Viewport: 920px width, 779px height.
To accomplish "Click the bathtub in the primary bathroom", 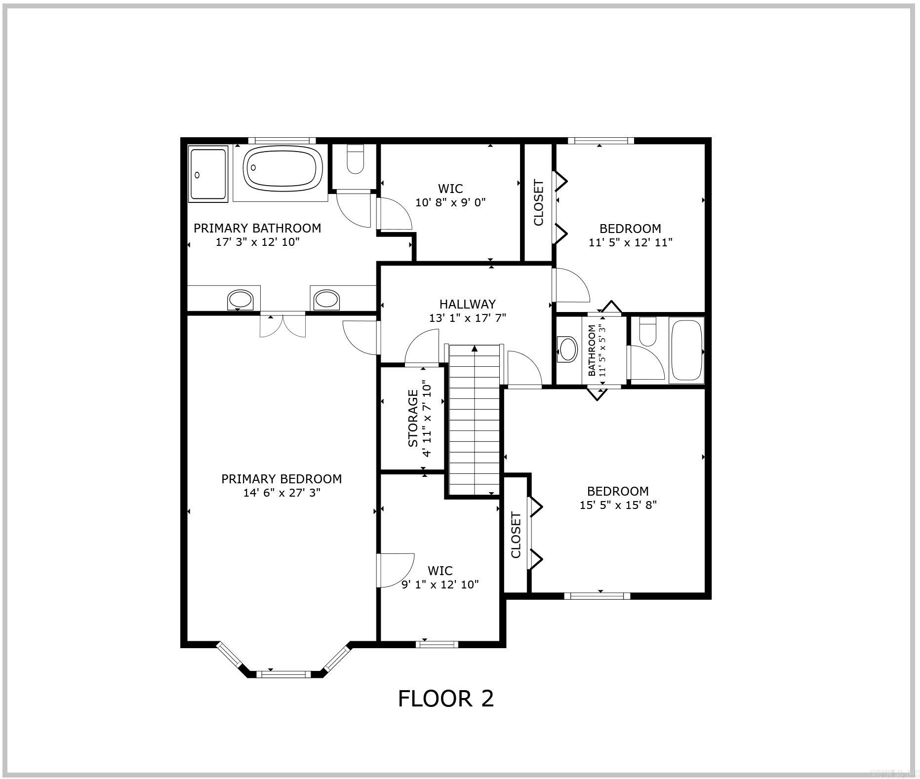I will click(282, 168).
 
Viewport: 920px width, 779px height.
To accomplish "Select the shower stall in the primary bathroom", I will click(208, 174).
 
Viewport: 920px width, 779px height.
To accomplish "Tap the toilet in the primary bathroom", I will click(355, 158).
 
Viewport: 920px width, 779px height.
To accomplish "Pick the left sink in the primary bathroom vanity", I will click(240, 299).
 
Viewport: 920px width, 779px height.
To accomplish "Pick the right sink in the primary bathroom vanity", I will click(326, 299).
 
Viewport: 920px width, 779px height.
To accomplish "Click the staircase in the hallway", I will click(474, 420).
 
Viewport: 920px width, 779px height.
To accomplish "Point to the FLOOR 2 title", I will click(445, 699).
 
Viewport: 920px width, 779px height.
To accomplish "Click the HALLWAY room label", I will click(467, 304).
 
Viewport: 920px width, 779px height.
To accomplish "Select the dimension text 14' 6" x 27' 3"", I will click(281, 493).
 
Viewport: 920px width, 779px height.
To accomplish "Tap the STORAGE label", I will click(413, 418).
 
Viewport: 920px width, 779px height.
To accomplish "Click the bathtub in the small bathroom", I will click(687, 350).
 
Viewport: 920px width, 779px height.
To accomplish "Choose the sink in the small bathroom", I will click(567, 349).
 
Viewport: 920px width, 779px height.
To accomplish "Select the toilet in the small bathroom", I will click(647, 332).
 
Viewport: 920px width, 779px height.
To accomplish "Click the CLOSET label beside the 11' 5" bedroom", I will click(538, 202).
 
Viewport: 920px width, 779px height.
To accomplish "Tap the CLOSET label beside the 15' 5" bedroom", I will click(516, 535).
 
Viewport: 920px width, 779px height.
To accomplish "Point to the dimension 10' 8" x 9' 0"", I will click(450, 202).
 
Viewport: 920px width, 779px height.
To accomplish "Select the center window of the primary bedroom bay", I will click(283, 674).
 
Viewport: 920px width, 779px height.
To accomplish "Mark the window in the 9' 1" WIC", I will click(437, 644).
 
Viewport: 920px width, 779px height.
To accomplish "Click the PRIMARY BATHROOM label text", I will click(257, 228).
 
